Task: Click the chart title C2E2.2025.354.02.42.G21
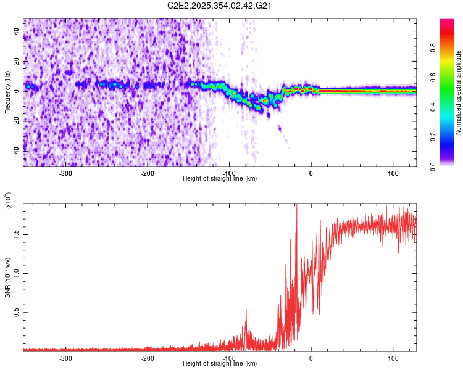click(220, 6)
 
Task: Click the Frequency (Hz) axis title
click(7, 92)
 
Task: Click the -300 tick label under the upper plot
click(66, 173)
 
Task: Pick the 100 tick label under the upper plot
click(393, 173)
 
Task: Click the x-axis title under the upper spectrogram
click(220, 179)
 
